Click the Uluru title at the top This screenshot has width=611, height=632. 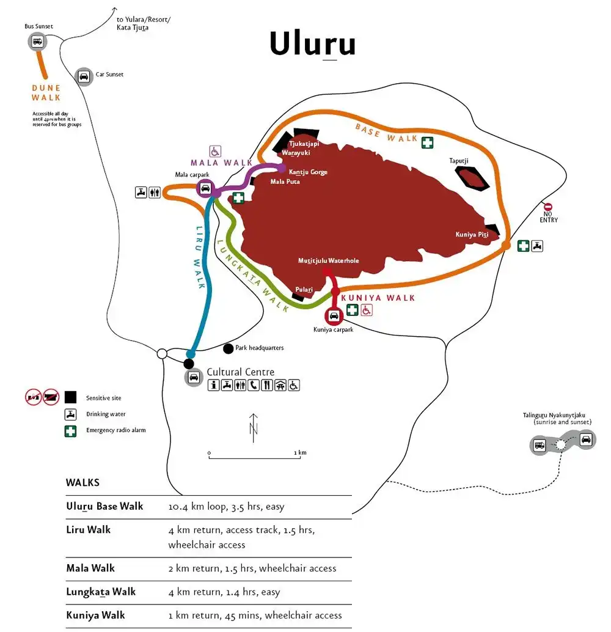(312, 43)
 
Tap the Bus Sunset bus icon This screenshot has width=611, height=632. (37, 42)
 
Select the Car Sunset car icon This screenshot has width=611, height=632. (83, 76)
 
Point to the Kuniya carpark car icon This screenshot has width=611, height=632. (334, 316)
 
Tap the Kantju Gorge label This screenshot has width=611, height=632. (308, 172)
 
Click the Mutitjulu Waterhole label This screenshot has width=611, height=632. (328, 261)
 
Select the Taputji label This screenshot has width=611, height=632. (459, 161)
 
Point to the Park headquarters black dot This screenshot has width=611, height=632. (229, 348)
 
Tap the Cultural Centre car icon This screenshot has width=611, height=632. (194, 377)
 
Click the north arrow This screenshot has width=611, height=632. (254, 427)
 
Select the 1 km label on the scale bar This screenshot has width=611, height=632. (299, 452)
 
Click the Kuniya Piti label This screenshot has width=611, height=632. (472, 234)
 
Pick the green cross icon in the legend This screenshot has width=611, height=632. (71, 430)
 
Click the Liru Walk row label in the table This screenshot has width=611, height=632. (89, 529)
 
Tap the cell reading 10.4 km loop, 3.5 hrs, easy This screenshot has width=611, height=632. (226, 507)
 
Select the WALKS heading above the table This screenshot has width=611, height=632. (82, 482)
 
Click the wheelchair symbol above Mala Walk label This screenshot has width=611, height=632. (215, 150)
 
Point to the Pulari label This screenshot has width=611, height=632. (304, 290)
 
